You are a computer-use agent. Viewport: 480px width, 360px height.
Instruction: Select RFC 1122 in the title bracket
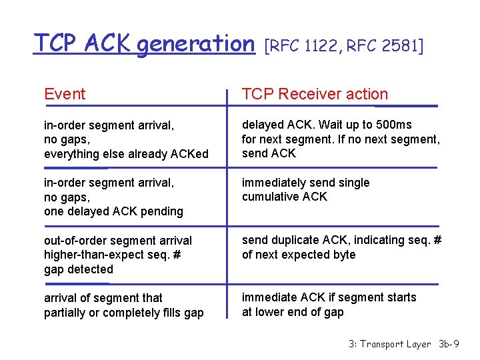click(x=304, y=46)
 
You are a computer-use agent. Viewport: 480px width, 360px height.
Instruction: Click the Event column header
click(x=65, y=95)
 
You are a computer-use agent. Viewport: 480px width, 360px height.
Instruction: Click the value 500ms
click(x=395, y=125)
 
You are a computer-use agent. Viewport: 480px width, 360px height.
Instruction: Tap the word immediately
click(x=273, y=183)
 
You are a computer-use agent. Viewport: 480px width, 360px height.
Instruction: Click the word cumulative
click(x=270, y=197)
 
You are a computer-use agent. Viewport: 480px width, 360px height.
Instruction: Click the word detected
click(x=90, y=269)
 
